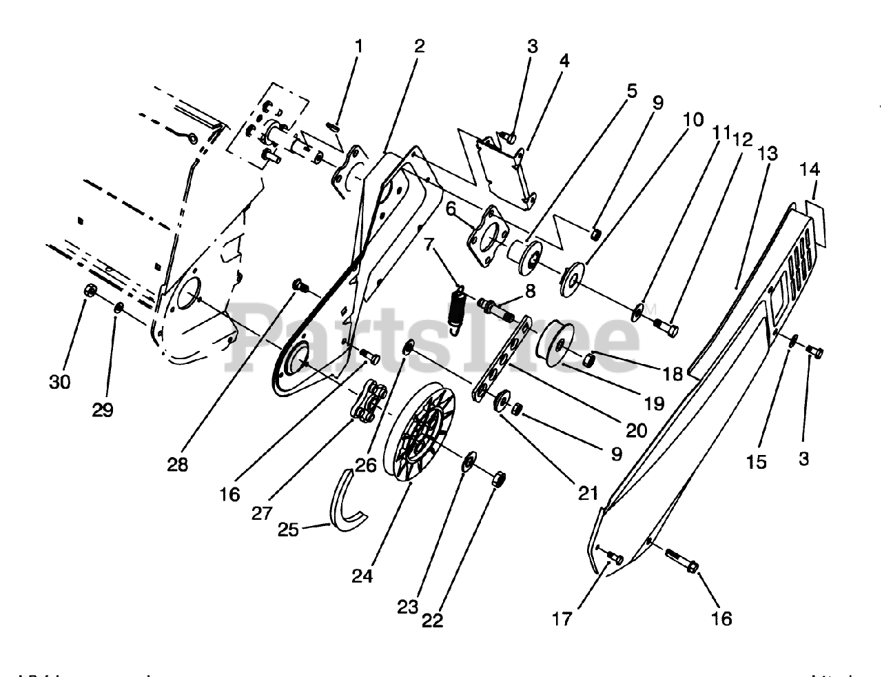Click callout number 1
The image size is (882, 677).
click(358, 47)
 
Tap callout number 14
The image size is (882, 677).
click(810, 170)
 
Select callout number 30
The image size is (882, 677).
click(60, 381)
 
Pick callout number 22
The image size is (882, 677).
click(432, 620)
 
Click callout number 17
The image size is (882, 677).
click(562, 619)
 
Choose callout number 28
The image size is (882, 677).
click(177, 465)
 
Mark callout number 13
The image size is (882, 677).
click(768, 152)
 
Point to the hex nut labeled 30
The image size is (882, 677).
click(90, 291)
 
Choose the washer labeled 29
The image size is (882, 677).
click(118, 306)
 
